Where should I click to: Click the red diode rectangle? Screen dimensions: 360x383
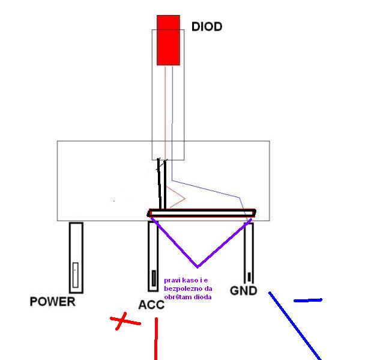point(169,40)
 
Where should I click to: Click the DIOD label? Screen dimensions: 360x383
point(207,27)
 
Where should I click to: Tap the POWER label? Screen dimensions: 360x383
point(53,302)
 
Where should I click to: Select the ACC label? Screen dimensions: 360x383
point(151,305)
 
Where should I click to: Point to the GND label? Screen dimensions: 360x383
point(243,291)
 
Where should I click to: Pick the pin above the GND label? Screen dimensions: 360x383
point(249,252)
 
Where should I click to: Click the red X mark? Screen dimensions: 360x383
point(124,322)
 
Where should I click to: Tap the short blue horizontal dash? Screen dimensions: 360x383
point(307,300)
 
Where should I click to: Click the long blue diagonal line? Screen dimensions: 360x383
point(294,325)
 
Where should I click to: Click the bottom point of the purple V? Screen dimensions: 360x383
point(197,266)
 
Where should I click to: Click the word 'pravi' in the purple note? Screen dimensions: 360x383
point(172,281)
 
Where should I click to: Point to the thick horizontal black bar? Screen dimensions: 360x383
point(202,213)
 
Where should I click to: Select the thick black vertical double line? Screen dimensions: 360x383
point(161,183)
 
